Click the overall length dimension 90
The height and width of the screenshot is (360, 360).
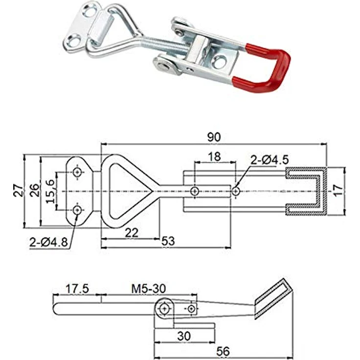point(214,137)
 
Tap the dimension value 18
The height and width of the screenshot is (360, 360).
point(214,157)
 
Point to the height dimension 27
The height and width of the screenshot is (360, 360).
point(17,191)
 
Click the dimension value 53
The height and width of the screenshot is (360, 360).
point(168,242)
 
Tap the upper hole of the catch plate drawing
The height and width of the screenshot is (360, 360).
point(77,172)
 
